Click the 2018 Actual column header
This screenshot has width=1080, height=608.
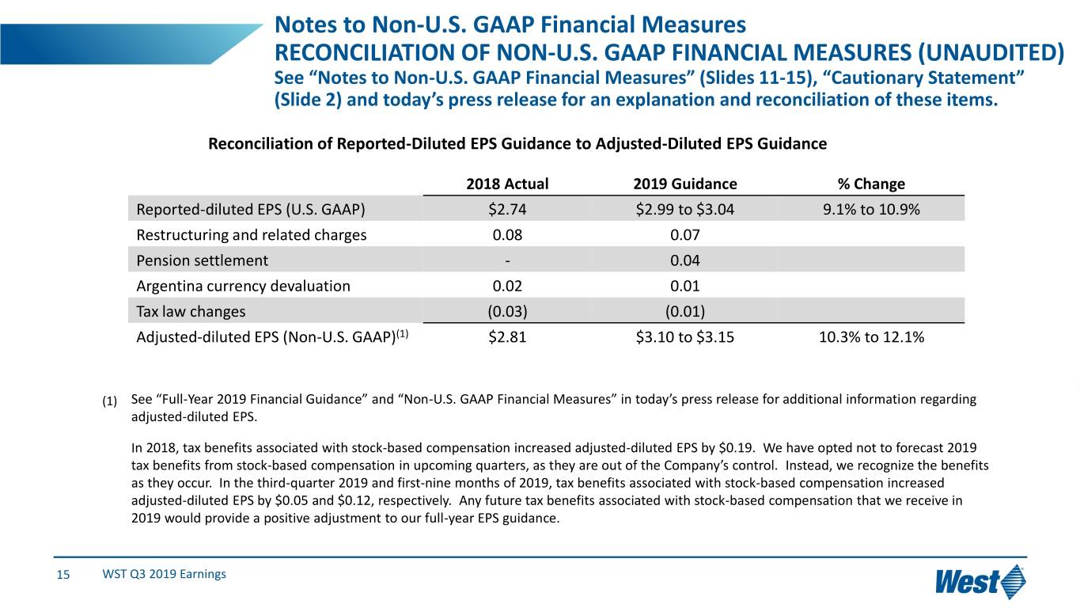[x=507, y=184]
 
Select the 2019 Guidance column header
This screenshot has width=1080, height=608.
[x=684, y=184]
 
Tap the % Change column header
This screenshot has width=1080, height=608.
[x=870, y=184]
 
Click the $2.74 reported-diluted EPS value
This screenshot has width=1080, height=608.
[x=507, y=209]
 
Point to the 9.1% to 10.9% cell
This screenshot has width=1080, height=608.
[x=870, y=209]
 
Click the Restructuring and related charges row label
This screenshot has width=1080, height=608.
[x=251, y=234]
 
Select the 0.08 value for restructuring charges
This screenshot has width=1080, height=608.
[x=507, y=234]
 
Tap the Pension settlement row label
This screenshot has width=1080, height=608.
[x=202, y=260]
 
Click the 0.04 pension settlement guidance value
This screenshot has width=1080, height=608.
[x=684, y=260]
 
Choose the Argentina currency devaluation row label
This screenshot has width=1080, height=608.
[x=243, y=286]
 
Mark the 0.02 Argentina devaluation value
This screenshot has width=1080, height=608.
[x=507, y=286]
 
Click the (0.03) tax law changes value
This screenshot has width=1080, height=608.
[x=507, y=311]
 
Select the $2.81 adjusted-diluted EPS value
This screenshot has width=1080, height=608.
[x=507, y=337]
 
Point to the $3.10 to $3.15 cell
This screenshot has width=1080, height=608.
[x=684, y=337]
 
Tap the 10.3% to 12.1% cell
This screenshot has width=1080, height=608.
[x=870, y=337]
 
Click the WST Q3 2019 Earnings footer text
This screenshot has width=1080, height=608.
[x=164, y=574]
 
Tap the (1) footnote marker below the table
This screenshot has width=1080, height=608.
[x=110, y=400]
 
